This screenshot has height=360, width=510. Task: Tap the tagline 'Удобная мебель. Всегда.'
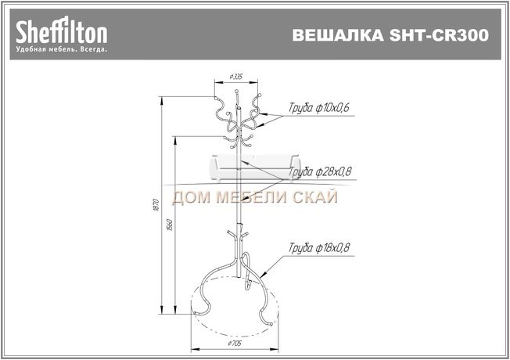61,49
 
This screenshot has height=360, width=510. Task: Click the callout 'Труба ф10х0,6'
314,106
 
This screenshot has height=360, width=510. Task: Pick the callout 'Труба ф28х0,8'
318,171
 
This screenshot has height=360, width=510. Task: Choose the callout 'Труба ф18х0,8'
318,248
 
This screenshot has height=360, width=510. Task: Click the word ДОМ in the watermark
192,198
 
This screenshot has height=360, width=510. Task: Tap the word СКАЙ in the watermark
316,198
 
